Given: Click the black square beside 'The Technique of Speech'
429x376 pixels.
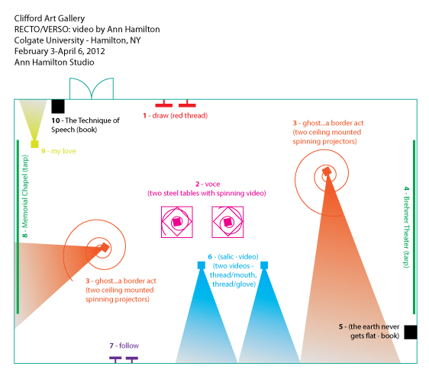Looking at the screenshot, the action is [58, 106].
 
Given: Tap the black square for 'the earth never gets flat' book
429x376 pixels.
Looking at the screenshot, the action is [411, 333].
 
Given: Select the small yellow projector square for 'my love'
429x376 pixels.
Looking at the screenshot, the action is [34, 144].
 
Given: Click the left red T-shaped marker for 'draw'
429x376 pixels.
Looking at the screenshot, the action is [164, 104].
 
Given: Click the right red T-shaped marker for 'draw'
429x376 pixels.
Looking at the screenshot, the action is [187, 104].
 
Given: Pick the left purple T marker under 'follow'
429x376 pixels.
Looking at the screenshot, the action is [115, 359].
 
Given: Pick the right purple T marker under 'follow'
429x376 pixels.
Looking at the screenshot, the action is [132, 359].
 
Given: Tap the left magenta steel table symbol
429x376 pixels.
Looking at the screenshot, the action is [177, 222].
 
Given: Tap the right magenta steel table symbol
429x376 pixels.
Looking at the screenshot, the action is [227, 222].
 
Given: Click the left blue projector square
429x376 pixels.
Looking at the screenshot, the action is [202, 265].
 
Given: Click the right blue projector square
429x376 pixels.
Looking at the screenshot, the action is [264, 265].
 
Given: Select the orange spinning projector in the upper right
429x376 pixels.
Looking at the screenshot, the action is [327, 172].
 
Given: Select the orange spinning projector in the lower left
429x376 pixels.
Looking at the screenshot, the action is [105, 247].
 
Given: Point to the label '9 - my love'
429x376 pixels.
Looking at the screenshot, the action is [59, 151].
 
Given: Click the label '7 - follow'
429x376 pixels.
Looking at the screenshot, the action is [124, 345].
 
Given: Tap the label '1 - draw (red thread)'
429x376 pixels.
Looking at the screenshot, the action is [176, 116].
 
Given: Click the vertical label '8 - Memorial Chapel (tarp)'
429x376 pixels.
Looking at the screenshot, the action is [25, 196].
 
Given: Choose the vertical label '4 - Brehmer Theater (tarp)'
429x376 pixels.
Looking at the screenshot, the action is [407, 227].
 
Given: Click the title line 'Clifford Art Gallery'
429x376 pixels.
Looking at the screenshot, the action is [50, 18].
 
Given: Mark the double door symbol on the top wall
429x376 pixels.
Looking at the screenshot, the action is [92, 88].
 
